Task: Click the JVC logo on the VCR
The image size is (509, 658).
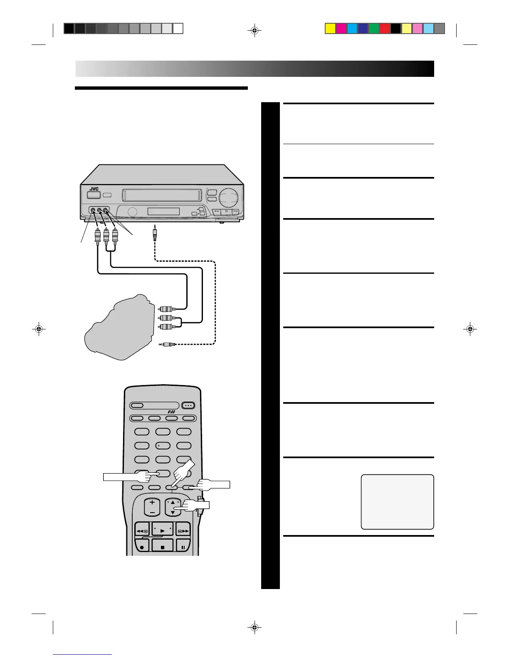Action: pyautogui.click(x=94, y=189)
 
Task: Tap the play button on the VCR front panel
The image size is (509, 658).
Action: pyautogui.click(x=226, y=211)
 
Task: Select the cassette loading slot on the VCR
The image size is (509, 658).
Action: pyautogui.click(x=162, y=194)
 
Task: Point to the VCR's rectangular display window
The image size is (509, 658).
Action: pyautogui.click(x=163, y=211)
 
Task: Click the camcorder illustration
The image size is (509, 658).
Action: pyautogui.click(x=116, y=328)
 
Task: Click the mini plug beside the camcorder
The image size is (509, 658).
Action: pyautogui.click(x=168, y=344)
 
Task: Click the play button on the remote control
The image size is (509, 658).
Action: pyautogui.click(x=163, y=530)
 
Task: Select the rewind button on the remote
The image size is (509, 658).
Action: pyautogui.click(x=142, y=531)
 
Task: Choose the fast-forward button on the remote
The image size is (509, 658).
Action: pyautogui.click(x=183, y=531)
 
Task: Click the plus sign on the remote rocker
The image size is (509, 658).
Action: pyautogui.click(x=152, y=502)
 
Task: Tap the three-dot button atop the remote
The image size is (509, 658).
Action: pyautogui.click(x=188, y=405)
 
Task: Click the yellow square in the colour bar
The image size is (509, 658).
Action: pyautogui.click(x=330, y=28)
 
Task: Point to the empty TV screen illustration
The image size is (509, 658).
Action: pyautogui.click(x=397, y=502)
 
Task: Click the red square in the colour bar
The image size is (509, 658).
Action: pyautogui.click(x=385, y=28)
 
